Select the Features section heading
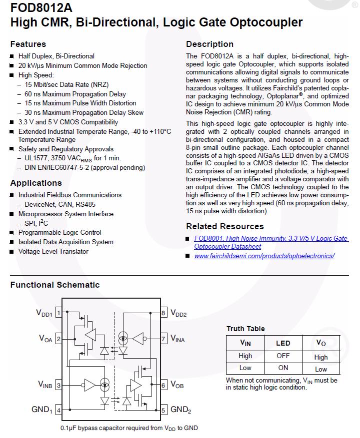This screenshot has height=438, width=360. point(28,44)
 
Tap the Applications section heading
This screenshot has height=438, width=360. point(36,183)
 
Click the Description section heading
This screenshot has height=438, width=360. point(209,44)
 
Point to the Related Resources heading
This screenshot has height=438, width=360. point(225,226)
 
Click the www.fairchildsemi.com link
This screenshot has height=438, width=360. point(264,256)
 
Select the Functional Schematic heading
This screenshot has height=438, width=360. point(55,285)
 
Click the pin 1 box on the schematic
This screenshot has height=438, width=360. point(58,313)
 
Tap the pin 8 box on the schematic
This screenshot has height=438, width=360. point(163,313)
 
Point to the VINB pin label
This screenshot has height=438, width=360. point(45,385)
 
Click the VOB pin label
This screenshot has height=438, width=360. point(177,385)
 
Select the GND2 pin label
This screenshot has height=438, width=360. point(181,410)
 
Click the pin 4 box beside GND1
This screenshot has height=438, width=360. point(58,411)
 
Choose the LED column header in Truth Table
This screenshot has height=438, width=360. point(283,343)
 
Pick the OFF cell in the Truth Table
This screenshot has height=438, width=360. point(283,356)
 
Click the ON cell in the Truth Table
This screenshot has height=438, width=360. point(283,368)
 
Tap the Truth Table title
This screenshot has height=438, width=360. point(245,329)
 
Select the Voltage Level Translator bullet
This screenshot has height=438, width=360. point(53,251)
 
